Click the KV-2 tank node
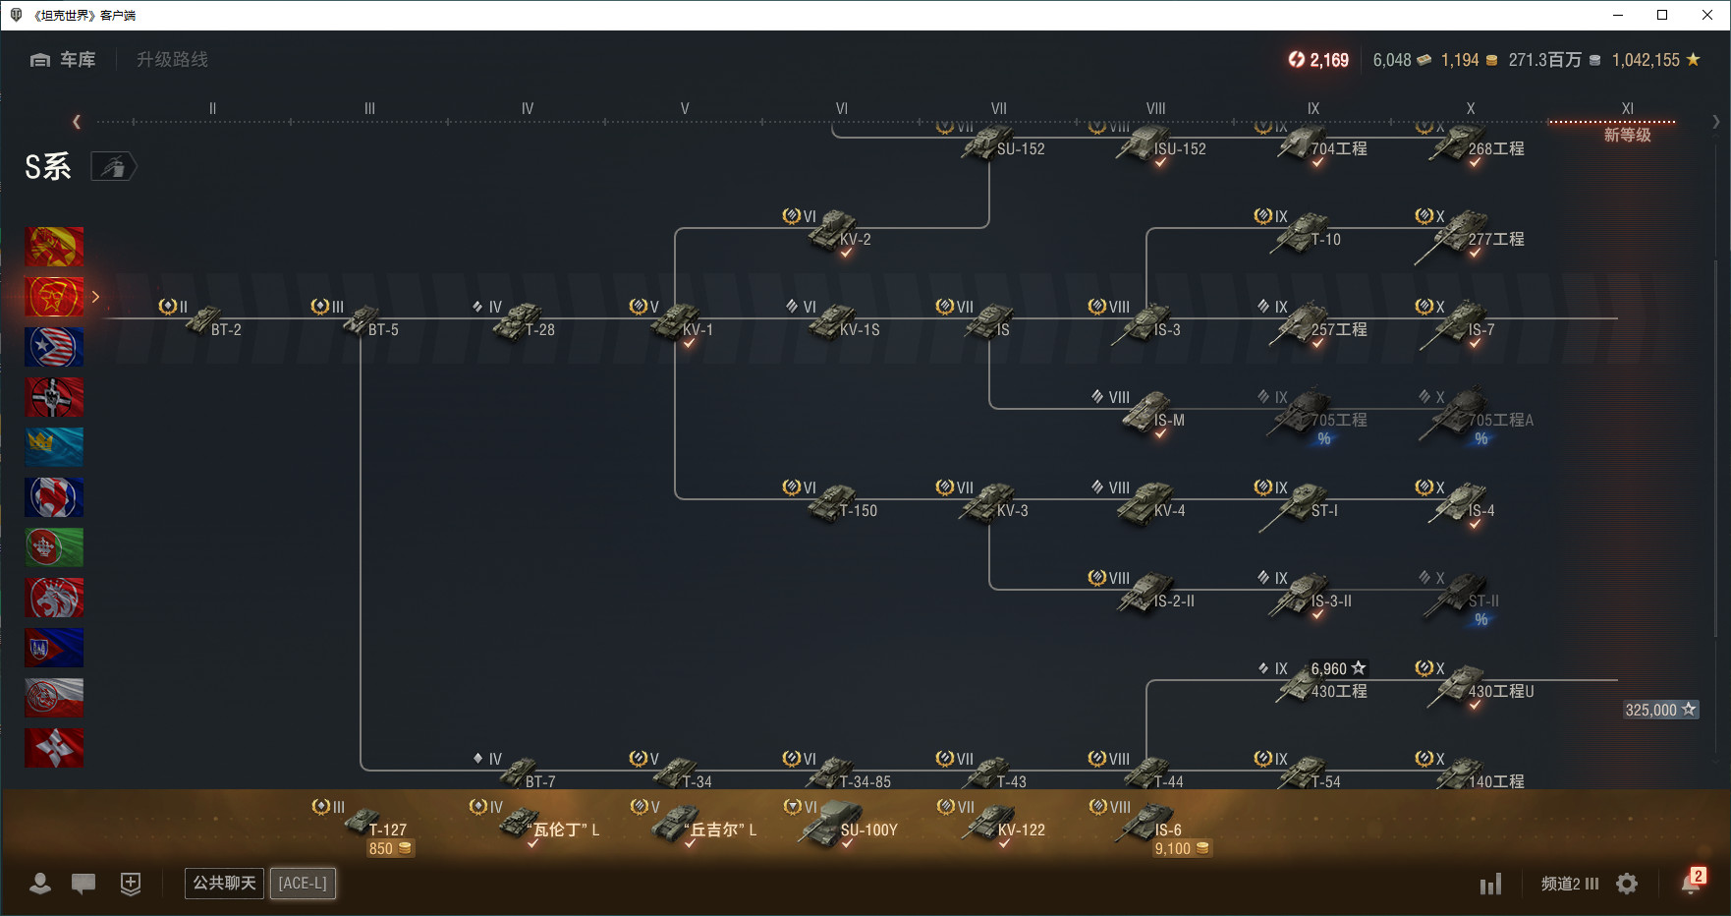(x=835, y=231)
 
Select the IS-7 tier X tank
(x=1464, y=322)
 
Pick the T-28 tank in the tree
(x=521, y=322)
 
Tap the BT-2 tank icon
(x=206, y=320)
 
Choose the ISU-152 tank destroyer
(x=1149, y=143)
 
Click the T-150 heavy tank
(x=835, y=503)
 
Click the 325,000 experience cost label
(x=1660, y=710)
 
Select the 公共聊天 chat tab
(x=224, y=883)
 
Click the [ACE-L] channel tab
(x=303, y=883)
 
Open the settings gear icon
(x=1627, y=884)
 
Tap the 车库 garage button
(x=64, y=60)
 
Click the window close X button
(x=1707, y=15)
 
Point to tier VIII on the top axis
(x=1155, y=109)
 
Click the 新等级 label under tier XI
(x=1627, y=135)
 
